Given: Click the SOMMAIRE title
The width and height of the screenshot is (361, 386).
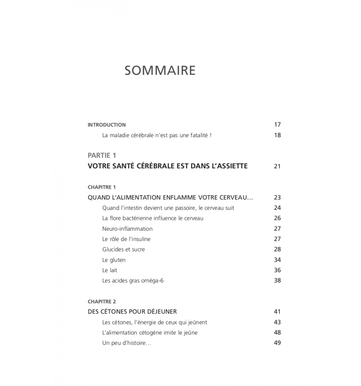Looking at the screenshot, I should coord(160,71).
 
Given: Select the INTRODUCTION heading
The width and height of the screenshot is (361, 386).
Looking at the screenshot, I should coord(106,125).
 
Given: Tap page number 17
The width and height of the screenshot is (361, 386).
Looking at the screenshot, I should coord(277,125).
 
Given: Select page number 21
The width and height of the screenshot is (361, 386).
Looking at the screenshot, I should coord(277,166).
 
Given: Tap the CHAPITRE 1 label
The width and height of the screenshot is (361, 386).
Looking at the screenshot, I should coord(102,187).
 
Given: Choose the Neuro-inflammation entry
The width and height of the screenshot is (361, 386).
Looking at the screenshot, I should coord(127,229).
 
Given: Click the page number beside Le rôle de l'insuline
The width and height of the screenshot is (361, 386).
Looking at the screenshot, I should coord(277,239).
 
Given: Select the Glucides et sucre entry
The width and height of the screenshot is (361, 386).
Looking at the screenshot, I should coord(124,250).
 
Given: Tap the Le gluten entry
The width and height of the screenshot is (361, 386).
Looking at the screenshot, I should coord(114,260).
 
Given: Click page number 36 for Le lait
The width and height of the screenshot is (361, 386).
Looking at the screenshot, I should coord(277,270).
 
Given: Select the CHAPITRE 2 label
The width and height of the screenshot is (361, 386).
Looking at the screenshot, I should coord(102,301).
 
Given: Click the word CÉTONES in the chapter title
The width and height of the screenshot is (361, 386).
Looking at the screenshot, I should coord(118,312).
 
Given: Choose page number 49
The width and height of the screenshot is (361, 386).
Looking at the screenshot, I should coord(277,343).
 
